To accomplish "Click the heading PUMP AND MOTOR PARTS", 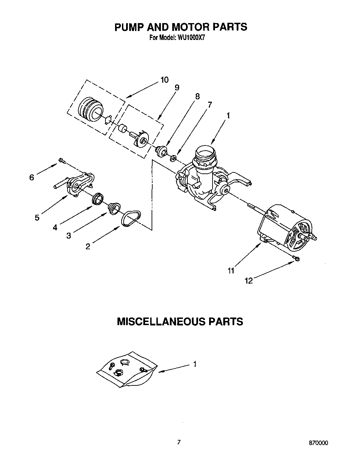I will click(x=181, y=27).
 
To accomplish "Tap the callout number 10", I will click(x=164, y=80).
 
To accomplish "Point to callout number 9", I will click(x=176, y=88).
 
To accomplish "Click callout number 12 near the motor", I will click(x=248, y=281).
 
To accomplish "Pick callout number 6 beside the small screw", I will click(x=32, y=178).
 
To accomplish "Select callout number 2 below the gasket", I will click(x=88, y=246).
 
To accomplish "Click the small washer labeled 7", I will click(x=174, y=158).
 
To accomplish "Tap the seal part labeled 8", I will click(x=161, y=151).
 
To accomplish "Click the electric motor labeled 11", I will click(x=286, y=228).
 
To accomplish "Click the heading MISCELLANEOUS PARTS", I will click(x=180, y=322).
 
